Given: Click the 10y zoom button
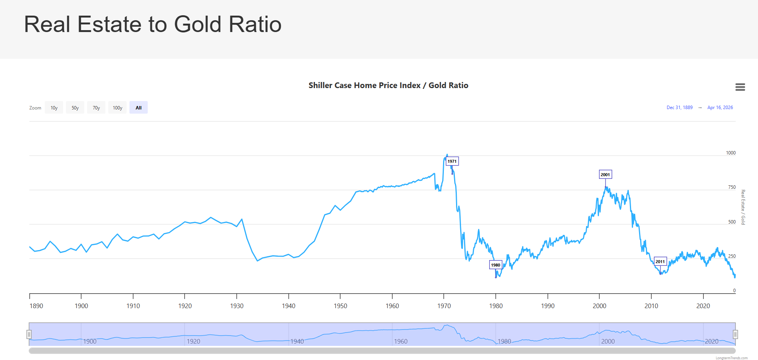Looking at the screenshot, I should (54, 108).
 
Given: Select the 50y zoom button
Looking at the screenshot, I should (75, 108).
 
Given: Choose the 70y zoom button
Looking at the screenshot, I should (96, 108).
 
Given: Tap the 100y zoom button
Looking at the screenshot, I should (117, 108).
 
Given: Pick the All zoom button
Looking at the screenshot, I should (138, 108).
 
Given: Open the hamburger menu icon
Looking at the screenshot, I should (740, 87).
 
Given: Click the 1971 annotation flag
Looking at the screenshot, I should (452, 161).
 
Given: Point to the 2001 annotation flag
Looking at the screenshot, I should (605, 175).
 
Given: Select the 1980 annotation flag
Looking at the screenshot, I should (496, 265).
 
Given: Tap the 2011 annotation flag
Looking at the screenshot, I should (660, 262).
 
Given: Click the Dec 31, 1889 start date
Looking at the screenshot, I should (679, 108).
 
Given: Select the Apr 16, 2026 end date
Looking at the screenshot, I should (720, 108).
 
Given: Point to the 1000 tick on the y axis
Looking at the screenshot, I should (731, 153).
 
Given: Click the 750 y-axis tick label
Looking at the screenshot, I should (732, 187).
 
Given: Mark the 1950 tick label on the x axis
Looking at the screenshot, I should (340, 306).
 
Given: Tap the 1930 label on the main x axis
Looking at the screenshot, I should (237, 306).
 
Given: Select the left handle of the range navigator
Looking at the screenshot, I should (29, 334).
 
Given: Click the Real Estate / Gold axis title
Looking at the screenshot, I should (743, 207).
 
